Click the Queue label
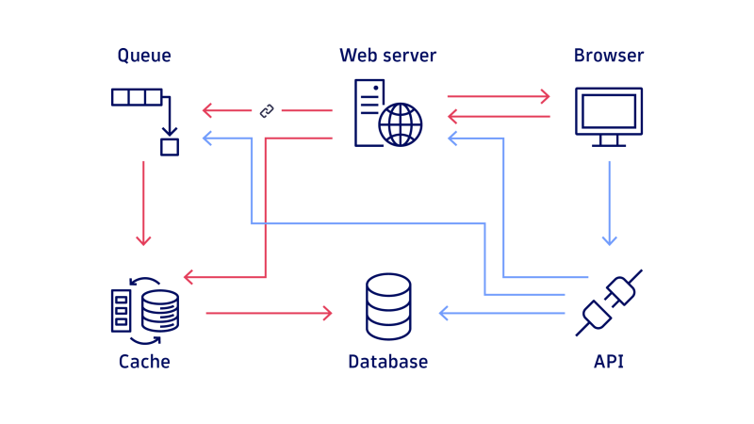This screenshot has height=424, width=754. click(144, 56)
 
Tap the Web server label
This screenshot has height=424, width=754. click(387, 56)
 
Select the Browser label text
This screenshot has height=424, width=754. click(609, 56)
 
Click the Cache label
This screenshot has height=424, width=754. click(144, 362)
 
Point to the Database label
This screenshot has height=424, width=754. click(387, 362)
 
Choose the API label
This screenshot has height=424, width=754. click(609, 362)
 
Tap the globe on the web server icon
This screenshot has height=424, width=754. click(401, 123)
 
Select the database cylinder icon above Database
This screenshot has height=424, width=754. click(388, 306)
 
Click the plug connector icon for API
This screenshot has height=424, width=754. click(609, 302)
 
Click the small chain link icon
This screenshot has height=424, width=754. click(267, 111)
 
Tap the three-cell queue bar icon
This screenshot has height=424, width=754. click(137, 96)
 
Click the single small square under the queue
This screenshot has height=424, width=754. click(169, 147)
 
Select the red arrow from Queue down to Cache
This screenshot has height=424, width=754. click(143, 203)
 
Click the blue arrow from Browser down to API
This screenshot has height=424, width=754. click(609, 203)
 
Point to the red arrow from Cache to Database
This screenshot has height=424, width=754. click(269, 313)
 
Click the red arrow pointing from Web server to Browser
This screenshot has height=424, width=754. click(498, 96)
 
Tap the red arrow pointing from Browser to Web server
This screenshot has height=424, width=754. click(498, 116)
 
